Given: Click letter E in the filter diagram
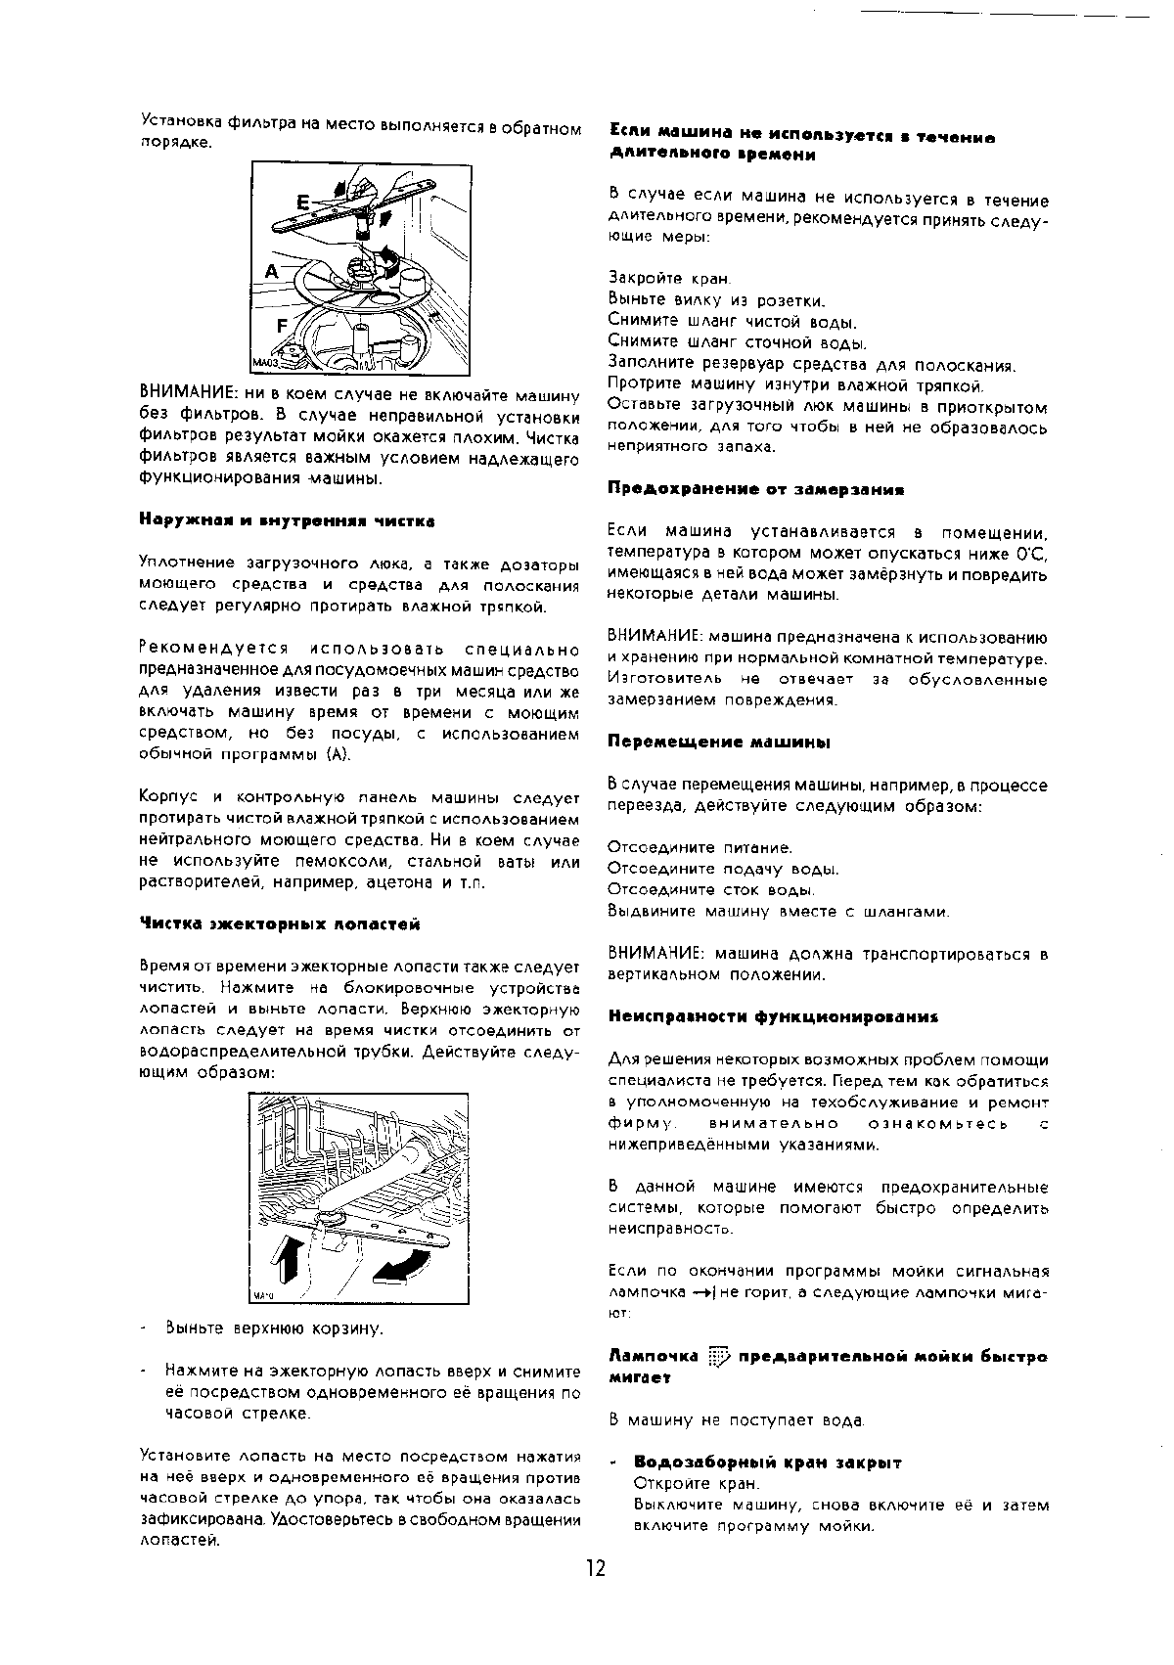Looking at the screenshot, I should (x=303, y=202).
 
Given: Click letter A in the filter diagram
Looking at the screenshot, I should (x=271, y=271).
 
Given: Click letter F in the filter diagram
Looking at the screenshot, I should (x=283, y=325).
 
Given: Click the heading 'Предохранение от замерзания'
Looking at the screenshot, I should (x=755, y=489).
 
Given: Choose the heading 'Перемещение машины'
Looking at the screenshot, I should (x=718, y=742).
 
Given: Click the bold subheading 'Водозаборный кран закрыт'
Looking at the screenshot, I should (x=767, y=1462).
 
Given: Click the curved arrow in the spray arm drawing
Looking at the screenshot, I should (x=401, y=1266).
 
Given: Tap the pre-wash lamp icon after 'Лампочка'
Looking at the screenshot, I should (x=719, y=1357).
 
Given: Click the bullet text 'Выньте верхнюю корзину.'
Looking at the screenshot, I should (x=274, y=1329).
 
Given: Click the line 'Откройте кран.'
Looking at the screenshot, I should (x=697, y=1484).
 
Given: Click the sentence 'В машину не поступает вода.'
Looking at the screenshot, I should (x=737, y=1419).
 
